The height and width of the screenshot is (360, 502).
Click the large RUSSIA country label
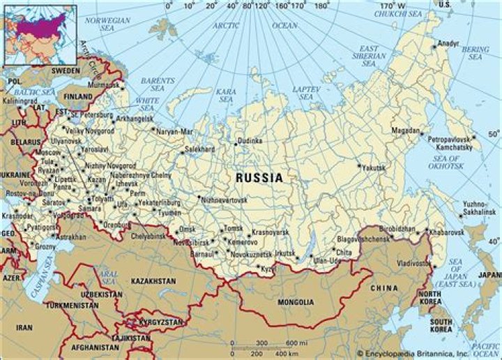coord(259,178)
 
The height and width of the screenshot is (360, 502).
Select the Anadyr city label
coord(447,43)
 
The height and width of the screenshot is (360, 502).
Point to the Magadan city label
coord(406,130)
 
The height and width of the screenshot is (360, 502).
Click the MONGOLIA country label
coord(295,302)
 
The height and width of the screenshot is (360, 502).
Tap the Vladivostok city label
coord(411,264)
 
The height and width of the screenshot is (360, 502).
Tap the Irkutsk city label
coord(286,253)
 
